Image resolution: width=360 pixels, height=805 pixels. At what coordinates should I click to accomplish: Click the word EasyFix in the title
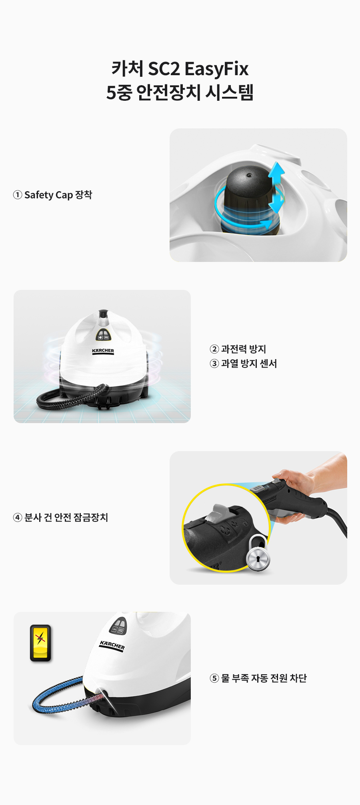tap(216, 69)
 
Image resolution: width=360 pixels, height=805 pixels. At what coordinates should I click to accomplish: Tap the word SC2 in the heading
tap(164, 69)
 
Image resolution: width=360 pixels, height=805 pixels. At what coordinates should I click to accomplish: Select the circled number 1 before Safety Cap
tap(17, 195)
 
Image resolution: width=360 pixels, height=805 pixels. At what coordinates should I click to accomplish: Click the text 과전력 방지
tap(243, 349)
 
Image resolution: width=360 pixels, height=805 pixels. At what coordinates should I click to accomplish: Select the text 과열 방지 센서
tap(249, 364)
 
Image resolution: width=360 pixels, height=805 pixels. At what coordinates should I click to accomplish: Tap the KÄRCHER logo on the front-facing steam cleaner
tap(103, 351)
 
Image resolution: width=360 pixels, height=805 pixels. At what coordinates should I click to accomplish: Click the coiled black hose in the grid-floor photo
tap(72, 398)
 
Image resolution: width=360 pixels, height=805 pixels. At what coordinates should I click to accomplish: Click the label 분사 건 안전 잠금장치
tap(66, 517)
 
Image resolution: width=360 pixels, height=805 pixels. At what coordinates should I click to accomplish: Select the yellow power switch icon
tap(40, 643)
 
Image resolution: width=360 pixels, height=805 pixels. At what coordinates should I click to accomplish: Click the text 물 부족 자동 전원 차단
tap(264, 678)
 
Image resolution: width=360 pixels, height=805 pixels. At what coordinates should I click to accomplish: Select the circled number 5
tap(214, 678)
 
